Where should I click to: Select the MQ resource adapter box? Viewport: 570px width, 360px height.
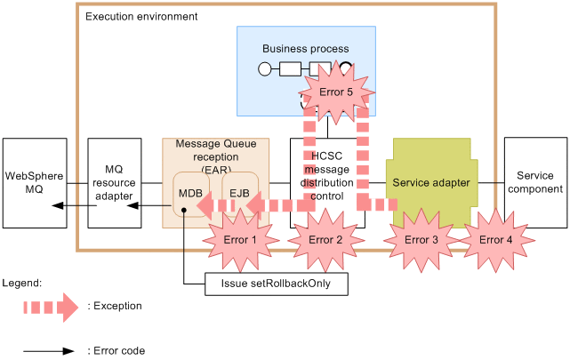113,182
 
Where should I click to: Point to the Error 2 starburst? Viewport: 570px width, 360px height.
326,239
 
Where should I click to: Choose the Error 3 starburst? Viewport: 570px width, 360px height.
421,239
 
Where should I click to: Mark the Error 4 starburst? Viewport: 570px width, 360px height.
496,239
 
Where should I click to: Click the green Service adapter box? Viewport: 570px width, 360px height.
431,182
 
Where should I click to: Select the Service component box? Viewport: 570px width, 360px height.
535,182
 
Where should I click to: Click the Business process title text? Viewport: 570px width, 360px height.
305,48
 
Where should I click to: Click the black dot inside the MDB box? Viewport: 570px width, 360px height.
182,211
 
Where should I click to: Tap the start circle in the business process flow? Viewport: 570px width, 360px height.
264,68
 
